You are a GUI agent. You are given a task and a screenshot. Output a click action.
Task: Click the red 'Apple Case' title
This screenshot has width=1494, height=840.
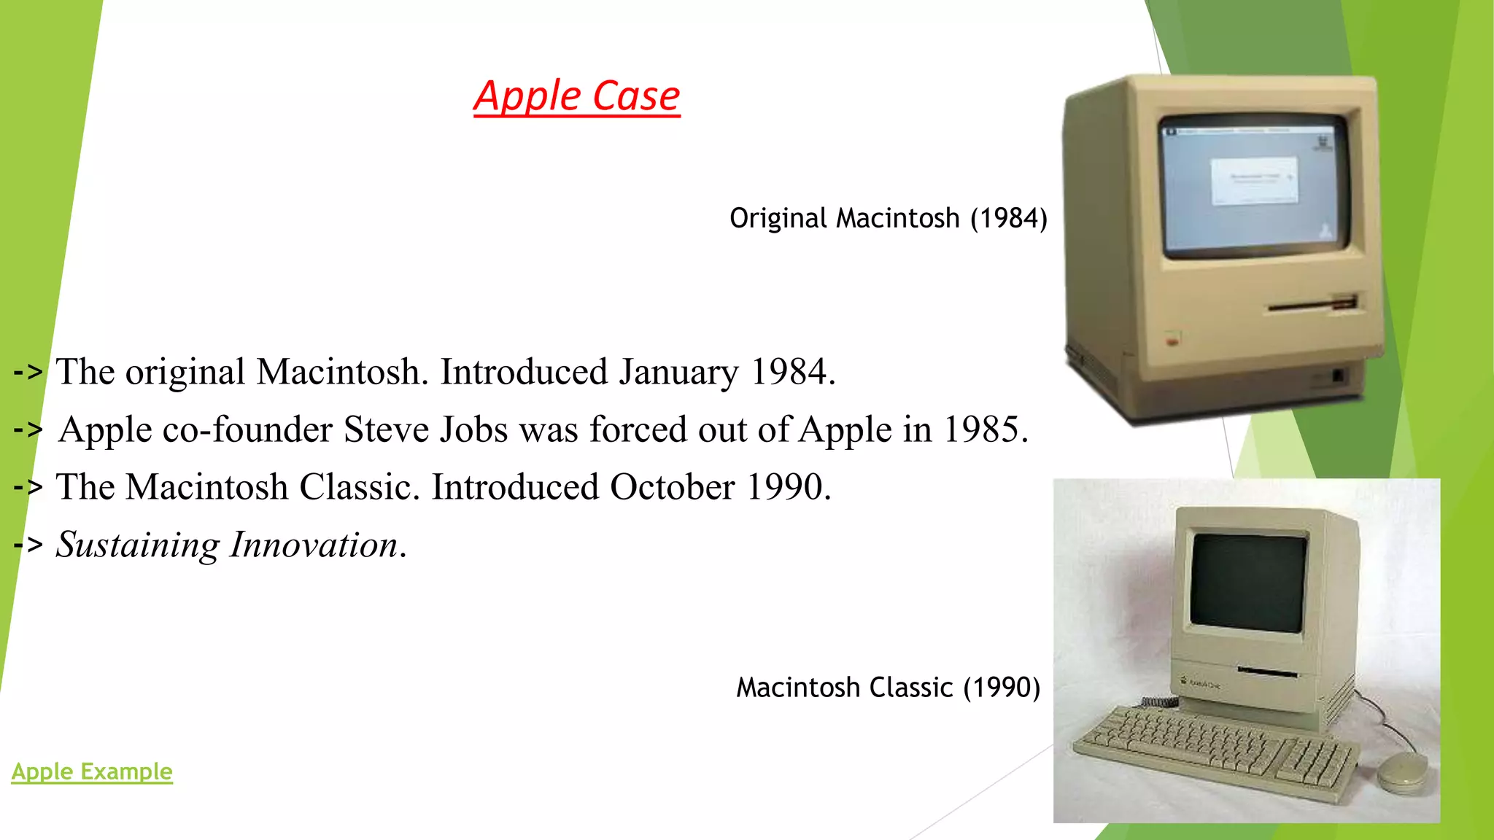576,96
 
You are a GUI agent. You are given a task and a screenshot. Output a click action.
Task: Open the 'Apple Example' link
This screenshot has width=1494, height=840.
92,771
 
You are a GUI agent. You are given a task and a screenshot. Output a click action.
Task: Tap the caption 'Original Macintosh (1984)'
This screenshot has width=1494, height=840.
888,218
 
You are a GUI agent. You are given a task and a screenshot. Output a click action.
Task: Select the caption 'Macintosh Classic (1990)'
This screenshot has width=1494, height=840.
888,687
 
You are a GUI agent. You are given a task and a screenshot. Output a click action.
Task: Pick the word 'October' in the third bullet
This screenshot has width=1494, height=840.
672,487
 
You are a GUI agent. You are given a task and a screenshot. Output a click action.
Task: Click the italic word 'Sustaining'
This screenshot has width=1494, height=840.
137,545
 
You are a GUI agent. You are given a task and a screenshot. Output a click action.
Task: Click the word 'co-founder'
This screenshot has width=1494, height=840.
247,429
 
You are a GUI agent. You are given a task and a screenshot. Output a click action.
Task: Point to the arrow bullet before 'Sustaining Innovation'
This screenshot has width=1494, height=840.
28,545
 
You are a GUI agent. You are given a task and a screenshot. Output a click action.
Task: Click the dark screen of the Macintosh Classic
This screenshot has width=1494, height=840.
1248,582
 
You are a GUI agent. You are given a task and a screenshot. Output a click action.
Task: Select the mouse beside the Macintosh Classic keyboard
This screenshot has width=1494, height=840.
1401,771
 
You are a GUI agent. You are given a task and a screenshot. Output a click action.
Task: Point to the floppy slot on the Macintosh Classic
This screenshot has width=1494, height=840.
1268,671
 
